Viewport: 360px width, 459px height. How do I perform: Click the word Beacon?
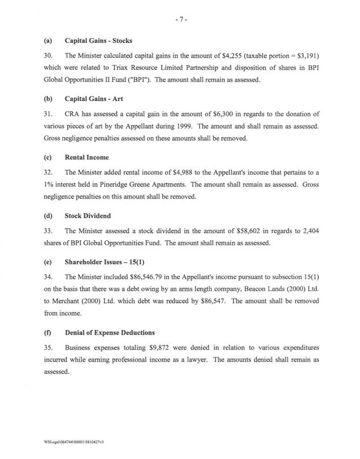pos(252,288)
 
